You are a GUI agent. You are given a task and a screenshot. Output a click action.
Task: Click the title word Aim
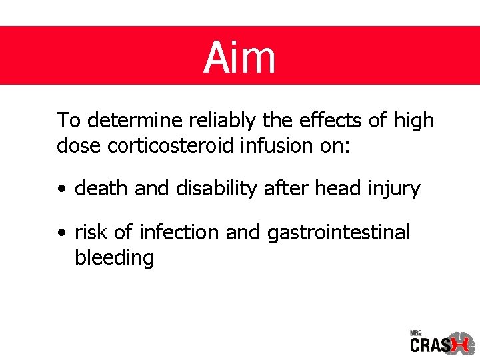pyautogui.click(x=239, y=57)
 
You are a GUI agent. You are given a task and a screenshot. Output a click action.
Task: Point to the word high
pyautogui.click(x=413, y=121)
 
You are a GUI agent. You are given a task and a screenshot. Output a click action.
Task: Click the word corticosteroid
pyautogui.click(x=177, y=145)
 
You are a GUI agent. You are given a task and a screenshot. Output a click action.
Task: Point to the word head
pyautogui.click(x=336, y=189)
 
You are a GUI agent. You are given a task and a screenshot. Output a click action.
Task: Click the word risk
pyautogui.click(x=91, y=233)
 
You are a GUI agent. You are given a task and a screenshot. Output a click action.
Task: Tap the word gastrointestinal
pyautogui.click(x=339, y=233)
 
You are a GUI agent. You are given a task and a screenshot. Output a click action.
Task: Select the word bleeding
pyautogui.click(x=115, y=257)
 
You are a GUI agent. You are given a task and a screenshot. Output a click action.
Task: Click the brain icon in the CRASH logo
pyautogui.click(x=462, y=343)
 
